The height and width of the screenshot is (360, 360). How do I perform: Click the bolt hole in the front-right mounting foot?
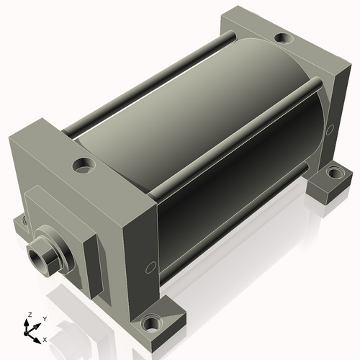click(x=152, y=321)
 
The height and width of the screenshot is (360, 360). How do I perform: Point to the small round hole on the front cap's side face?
click(x=150, y=268)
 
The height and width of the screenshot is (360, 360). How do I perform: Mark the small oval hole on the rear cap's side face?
click(x=330, y=130)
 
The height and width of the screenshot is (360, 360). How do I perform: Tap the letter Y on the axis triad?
click(x=44, y=318)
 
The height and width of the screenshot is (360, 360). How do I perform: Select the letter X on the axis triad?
click(x=45, y=338)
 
